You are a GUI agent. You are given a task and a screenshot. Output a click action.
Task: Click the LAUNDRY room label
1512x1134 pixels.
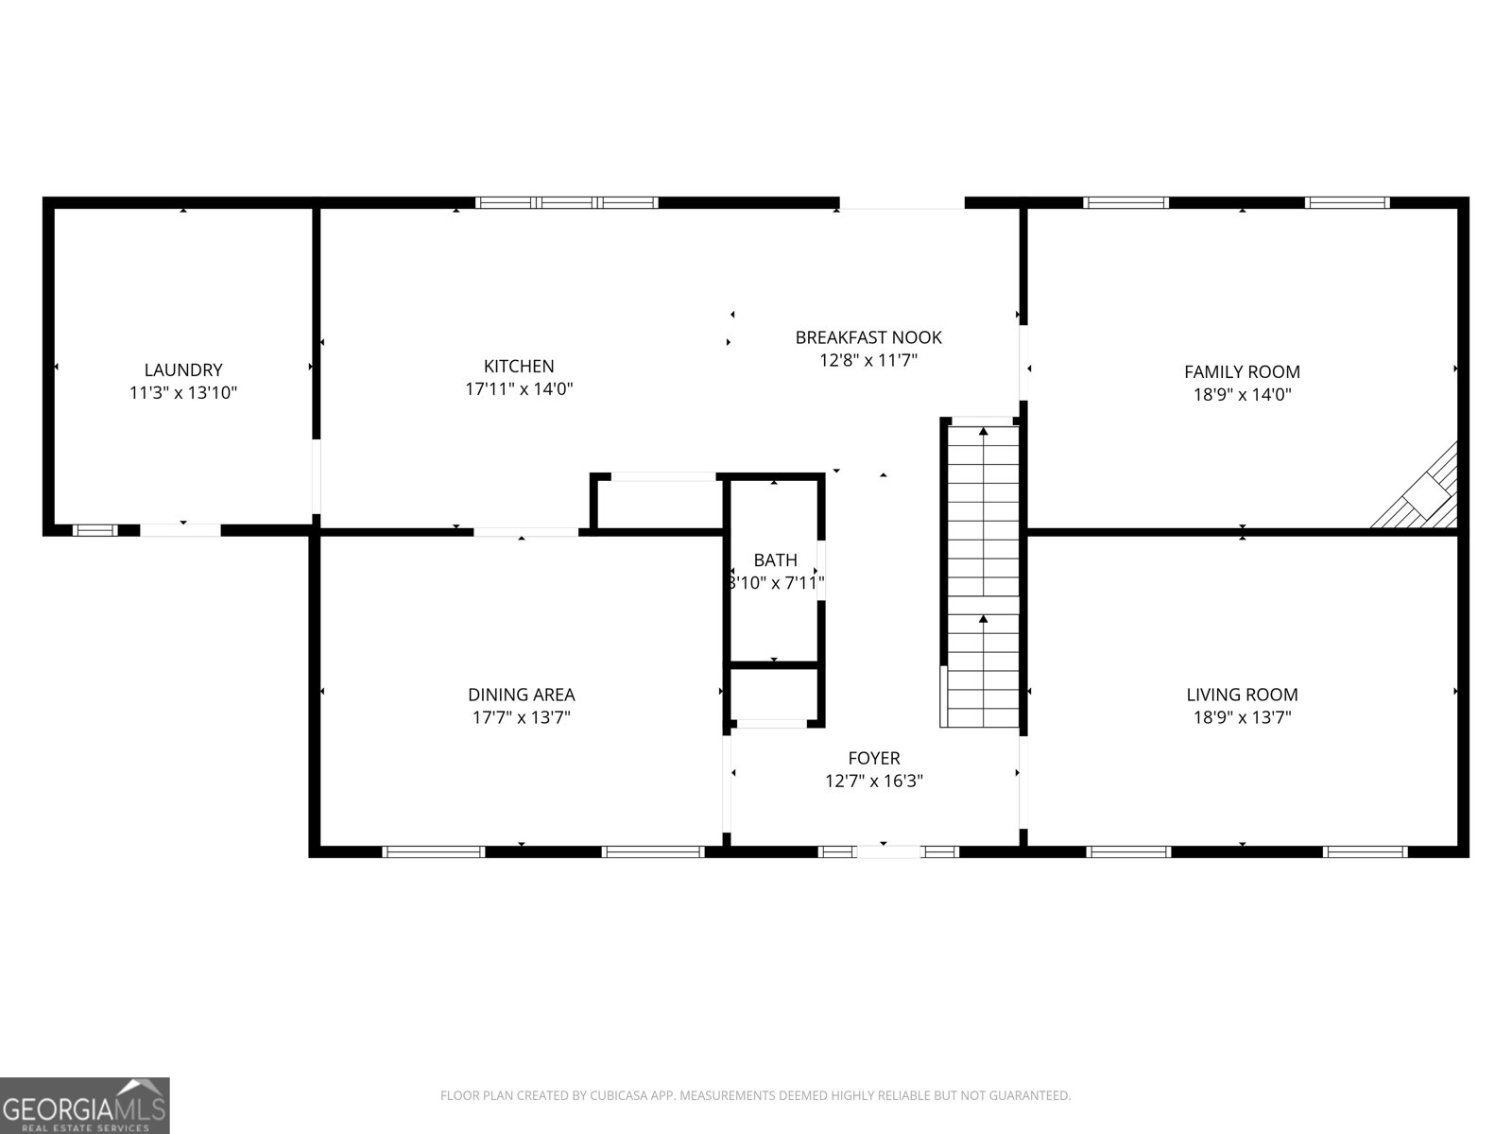tap(183, 370)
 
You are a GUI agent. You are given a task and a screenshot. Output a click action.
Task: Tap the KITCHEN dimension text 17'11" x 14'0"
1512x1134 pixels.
tap(519, 388)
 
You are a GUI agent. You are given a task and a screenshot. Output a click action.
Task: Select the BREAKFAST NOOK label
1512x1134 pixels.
tap(868, 337)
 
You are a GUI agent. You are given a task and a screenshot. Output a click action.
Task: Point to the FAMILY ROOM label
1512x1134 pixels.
tap(1242, 371)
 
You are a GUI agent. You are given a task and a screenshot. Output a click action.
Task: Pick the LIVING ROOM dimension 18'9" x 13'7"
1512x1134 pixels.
tap(1242, 717)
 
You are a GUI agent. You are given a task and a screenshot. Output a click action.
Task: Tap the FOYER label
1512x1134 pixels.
tap(873, 758)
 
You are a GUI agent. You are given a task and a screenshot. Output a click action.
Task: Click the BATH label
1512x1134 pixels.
tap(775, 560)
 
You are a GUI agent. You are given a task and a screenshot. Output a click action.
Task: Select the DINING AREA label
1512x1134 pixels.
tap(521, 695)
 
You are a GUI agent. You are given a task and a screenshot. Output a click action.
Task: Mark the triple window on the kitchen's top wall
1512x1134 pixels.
tap(566, 202)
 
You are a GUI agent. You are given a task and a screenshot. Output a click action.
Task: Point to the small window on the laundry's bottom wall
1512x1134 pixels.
tap(95, 530)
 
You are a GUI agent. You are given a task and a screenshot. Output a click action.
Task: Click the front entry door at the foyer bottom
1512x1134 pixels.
tap(887, 851)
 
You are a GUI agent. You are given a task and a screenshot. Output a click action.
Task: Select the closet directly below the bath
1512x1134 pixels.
tap(774, 695)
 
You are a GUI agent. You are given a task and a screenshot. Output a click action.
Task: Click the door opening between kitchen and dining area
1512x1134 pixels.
tap(525, 532)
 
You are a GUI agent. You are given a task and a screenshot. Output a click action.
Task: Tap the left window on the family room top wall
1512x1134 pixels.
tap(1125, 202)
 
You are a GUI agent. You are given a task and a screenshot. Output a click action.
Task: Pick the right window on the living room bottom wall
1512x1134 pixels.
tap(1365, 851)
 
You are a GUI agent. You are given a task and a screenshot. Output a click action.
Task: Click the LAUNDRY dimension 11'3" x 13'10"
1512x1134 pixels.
tap(183, 393)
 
